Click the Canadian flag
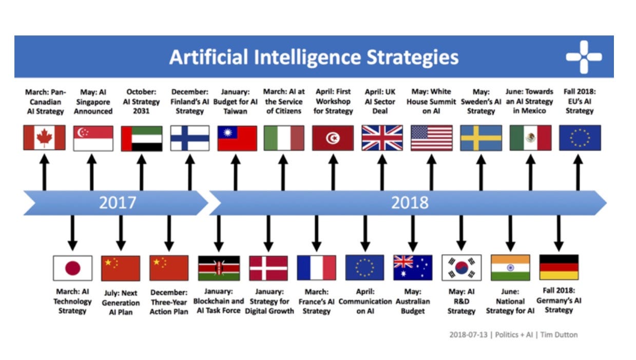[x=44, y=138]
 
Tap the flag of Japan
[x=73, y=268]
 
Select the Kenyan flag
[x=219, y=268]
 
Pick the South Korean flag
[x=461, y=268]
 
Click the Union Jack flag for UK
[x=382, y=138]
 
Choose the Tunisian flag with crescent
[x=333, y=138]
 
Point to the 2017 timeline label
[x=118, y=202]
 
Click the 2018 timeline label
[x=410, y=202]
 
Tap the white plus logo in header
[x=584, y=57]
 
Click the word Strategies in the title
[x=413, y=58]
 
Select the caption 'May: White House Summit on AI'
[x=431, y=102]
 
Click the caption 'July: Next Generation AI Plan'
[x=121, y=302]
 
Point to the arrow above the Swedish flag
[x=481, y=173]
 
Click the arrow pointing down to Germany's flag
[x=559, y=233]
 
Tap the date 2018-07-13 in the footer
[x=468, y=335]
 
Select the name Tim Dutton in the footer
[x=559, y=335]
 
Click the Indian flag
[x=510, y=268]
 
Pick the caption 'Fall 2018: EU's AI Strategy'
[x=580, y=101]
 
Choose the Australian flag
[x=413, y=268]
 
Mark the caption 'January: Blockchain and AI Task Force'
[x=219, y=301]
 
